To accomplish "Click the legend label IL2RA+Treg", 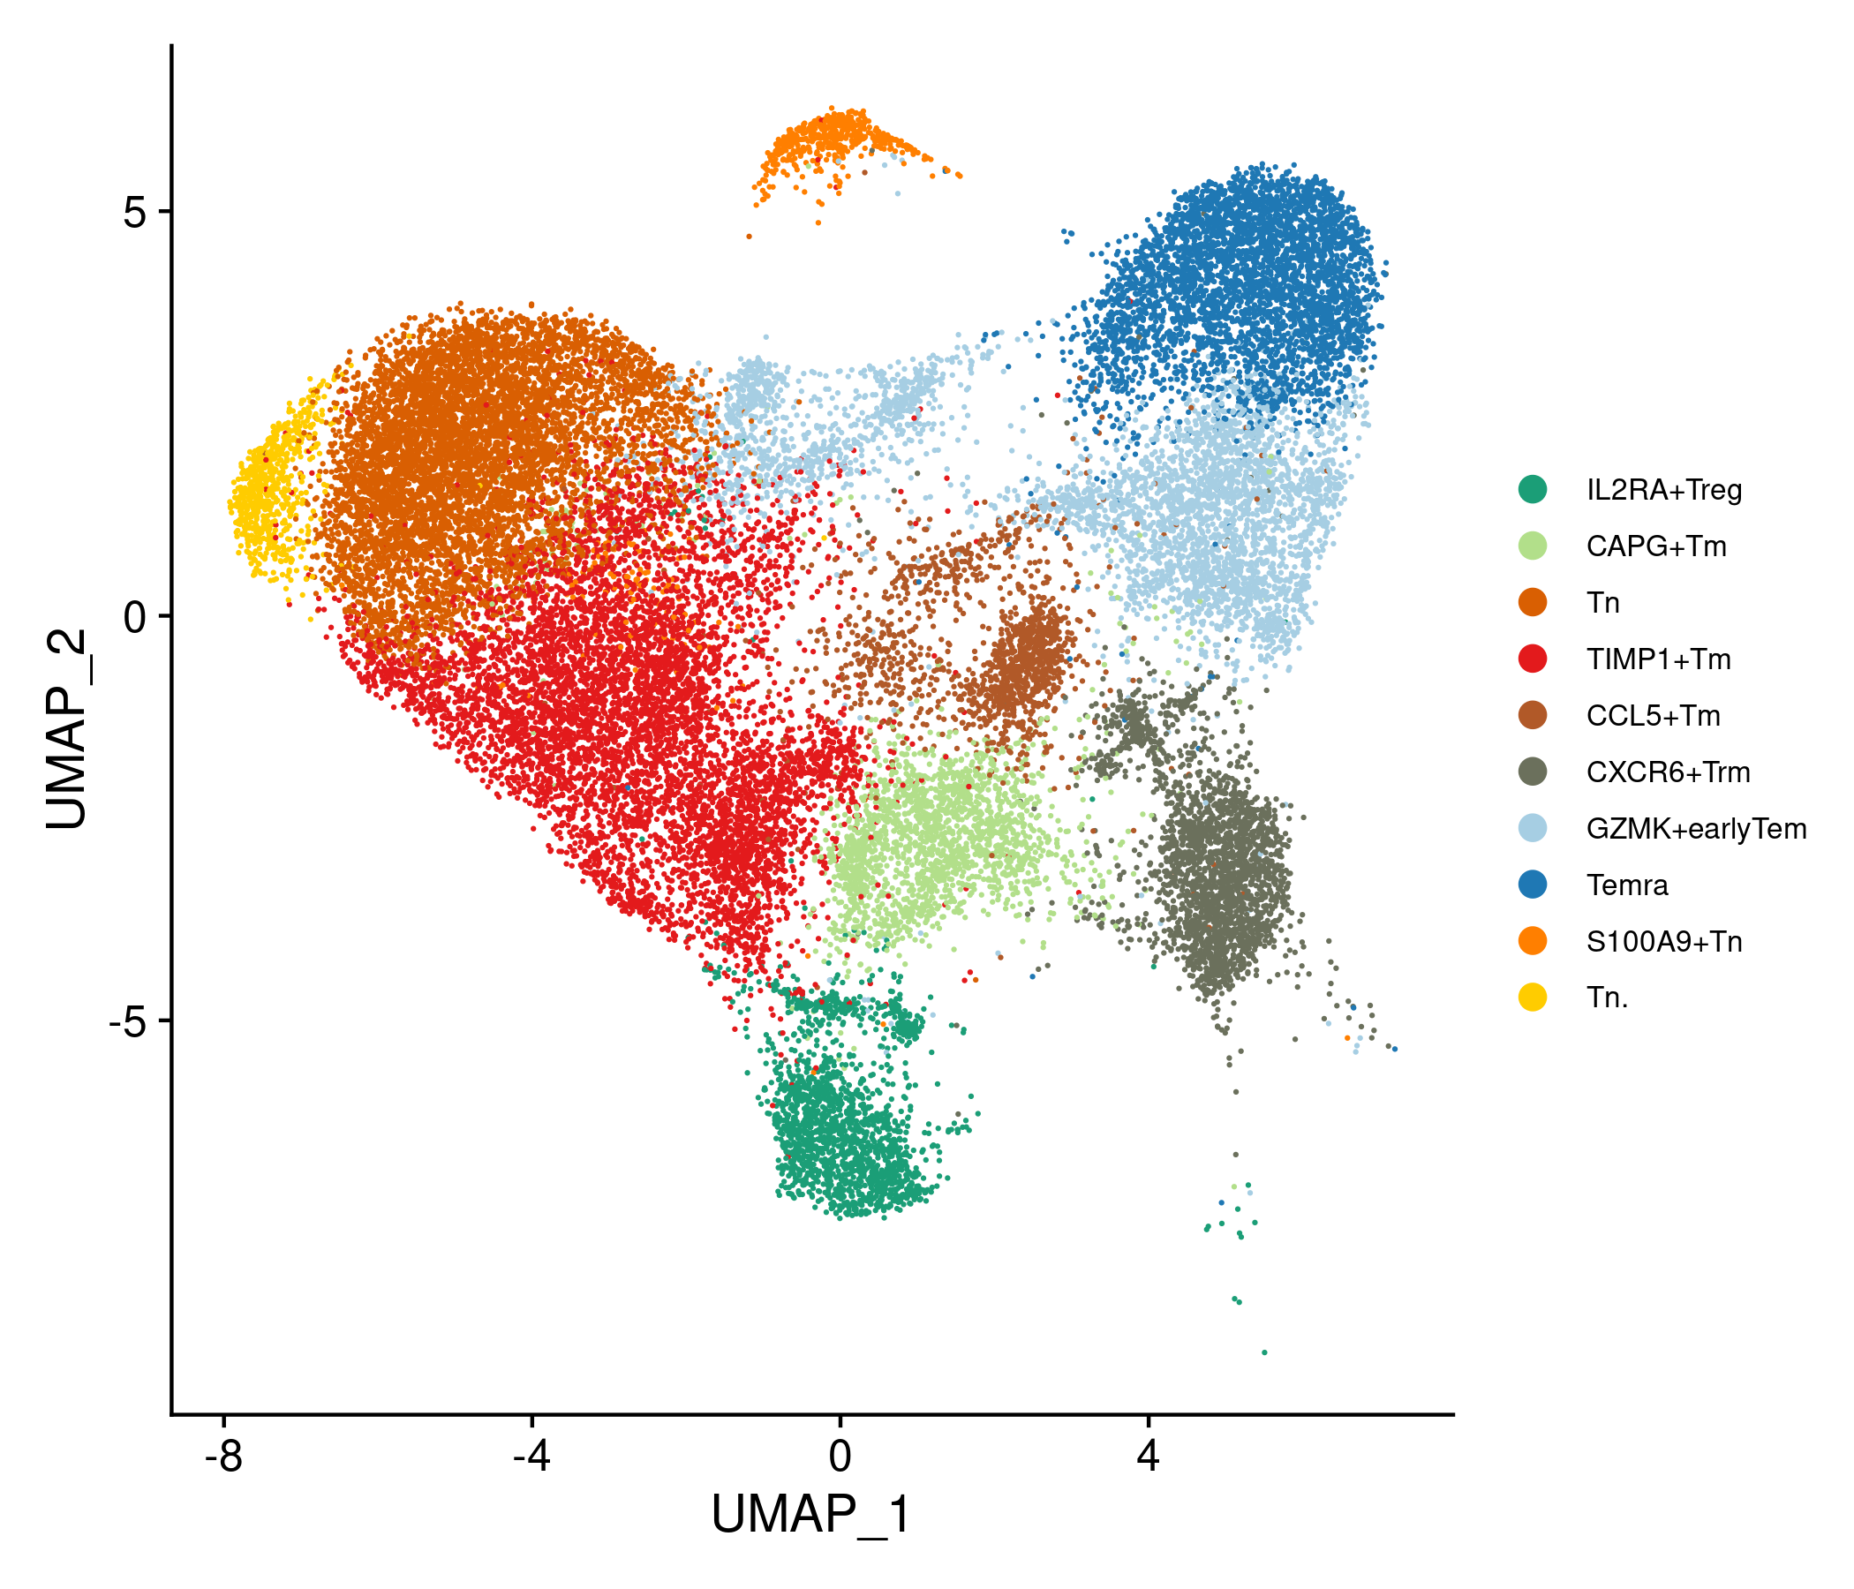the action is click(1664, 490).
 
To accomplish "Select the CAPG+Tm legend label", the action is click(1656, 546).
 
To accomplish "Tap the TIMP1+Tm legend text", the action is click(1659, 659).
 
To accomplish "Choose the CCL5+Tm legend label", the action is click(1654, 716).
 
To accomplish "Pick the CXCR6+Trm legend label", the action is click(1669, 772).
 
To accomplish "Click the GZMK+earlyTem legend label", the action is click(1697, 830).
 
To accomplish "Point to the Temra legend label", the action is click(1628, 885).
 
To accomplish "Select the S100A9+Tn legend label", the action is click(1664, 942).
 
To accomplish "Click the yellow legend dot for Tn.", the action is click(1533, 997).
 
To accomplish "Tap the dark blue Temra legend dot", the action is click(1533, 885).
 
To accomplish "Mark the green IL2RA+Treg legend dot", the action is click(1533, 489).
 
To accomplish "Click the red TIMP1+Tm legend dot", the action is click(1533, 659).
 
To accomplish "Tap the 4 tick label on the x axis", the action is click(1148, 1457).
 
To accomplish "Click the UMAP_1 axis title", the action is click(811, 1516).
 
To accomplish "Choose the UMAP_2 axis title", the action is click(67, 729).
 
